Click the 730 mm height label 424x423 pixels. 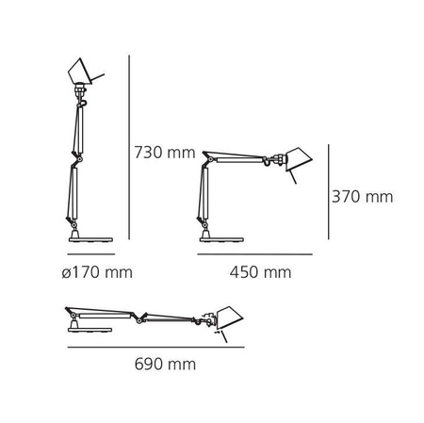point(164,153)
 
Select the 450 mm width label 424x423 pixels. point(260,273)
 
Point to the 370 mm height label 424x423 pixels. point(362,197)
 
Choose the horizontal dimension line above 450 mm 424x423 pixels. point(254,254)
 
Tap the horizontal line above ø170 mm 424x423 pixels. point(90,254)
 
